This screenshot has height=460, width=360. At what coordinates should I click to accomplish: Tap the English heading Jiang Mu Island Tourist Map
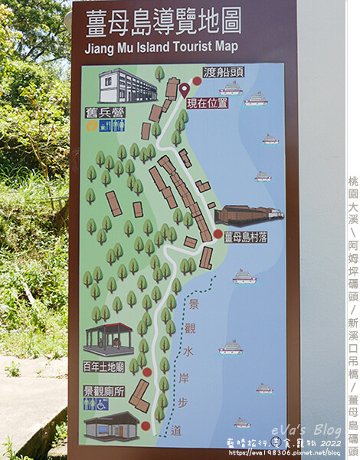(x=165, y=46)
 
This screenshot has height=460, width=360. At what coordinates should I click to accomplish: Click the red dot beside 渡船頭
(x=197, y=80)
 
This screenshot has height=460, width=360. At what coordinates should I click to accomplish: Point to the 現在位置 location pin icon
(x=185, y=90)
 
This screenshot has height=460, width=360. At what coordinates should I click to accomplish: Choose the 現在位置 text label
(x=207, y=103)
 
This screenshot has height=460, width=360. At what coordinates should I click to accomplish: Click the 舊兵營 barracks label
(x=105, y=113)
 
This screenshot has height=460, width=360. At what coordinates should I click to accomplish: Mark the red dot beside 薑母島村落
(x=218, y=235)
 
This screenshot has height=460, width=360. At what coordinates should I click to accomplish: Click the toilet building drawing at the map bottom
(x=111, y=426)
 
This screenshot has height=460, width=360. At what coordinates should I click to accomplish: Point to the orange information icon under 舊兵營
(x=93, y=126)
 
